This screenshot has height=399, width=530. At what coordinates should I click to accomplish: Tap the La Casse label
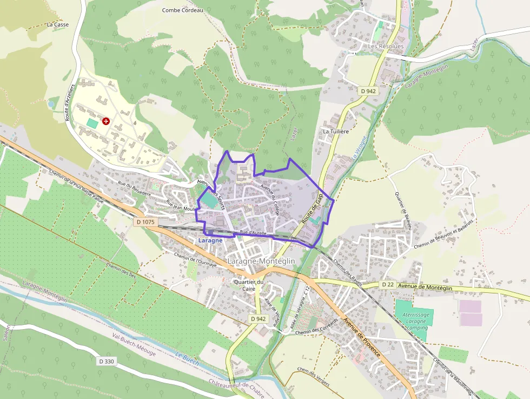point(58,24)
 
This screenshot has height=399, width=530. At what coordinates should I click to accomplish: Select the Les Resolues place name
point(386,47)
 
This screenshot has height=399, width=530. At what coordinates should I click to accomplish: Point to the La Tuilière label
point(335,132)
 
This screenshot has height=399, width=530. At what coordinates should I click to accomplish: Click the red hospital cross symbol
point(105,122)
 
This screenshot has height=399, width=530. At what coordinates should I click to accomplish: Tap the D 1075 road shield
point(145,222)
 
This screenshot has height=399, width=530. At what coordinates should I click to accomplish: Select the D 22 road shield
point(387,284)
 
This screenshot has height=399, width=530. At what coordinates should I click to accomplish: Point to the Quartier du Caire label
point(248,285)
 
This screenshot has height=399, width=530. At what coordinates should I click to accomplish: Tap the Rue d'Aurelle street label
point(253,232)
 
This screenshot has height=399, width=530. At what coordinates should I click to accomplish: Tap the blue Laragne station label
point(210,240)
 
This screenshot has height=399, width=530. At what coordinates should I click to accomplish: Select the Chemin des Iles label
point(122,270)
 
